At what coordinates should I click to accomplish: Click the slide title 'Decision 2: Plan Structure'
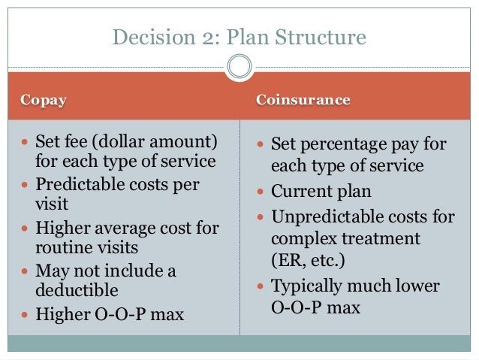click(x=239, y=37)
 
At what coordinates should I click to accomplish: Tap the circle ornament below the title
click(x=239, y=67)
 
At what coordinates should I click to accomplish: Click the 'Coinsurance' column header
click(x=303, y=100)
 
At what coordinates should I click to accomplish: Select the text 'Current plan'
click(x=321, y=192)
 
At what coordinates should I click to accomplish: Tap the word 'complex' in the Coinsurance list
click(x=303, y=240)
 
